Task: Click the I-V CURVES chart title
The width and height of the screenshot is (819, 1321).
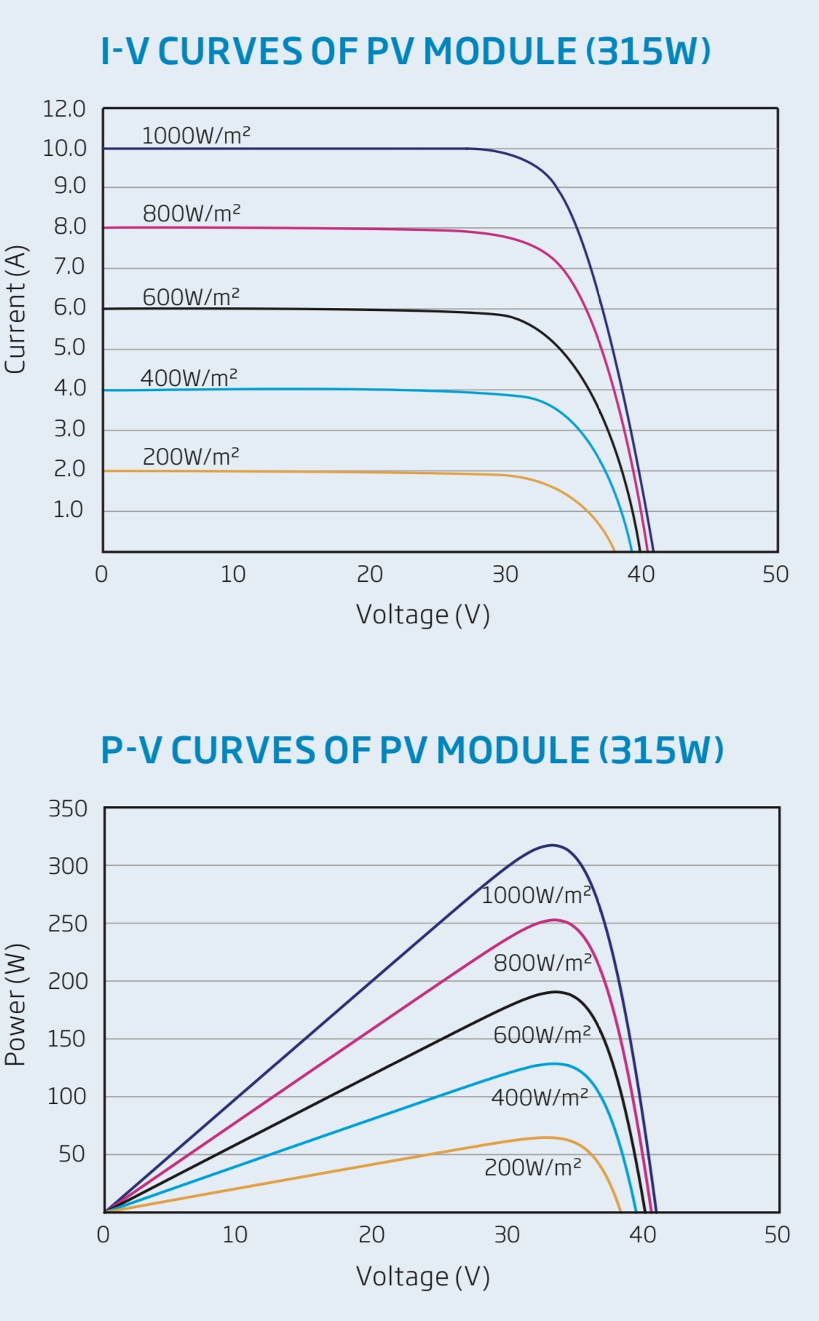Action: (x=405, y=52)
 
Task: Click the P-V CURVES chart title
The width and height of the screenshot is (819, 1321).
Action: (x=412, y=750)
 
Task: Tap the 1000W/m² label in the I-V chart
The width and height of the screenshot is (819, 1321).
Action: (x=196, y=135)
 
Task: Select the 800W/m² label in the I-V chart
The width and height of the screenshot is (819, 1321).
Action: (x=191, y=213)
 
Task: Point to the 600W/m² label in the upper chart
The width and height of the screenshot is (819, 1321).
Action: (x=191, y=297)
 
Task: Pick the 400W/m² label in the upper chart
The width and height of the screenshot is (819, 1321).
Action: (x=189, y=378)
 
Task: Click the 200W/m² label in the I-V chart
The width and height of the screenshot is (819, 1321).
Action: (x=191, y=457)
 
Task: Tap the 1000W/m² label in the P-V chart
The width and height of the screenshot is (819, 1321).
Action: (x=536, y=894)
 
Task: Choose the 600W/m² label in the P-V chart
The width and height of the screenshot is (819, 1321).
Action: (x=542, y=1035)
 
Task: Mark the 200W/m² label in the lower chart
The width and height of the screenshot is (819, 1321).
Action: (x=533, y=1167)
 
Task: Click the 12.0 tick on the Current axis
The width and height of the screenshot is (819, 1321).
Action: (x=64, y=109)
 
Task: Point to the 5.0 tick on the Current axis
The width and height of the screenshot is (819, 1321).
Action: (x=69, y=347)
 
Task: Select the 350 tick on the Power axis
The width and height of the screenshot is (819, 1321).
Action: (x=68, y=809)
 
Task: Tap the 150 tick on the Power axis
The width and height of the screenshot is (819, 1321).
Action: (x=68, y=1039)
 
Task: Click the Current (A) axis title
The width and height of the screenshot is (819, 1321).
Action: (x=15, y=309)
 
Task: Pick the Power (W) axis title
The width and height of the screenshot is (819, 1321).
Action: (x=15, y=1005)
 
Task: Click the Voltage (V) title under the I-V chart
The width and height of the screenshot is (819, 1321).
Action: (x=422, y=615)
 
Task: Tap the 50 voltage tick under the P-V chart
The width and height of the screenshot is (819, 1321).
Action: (x=777, y=1234)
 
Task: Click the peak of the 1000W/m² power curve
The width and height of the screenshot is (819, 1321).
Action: (x=553, y=845)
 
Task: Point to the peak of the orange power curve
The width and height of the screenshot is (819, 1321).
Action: (x=546, y=1137)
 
